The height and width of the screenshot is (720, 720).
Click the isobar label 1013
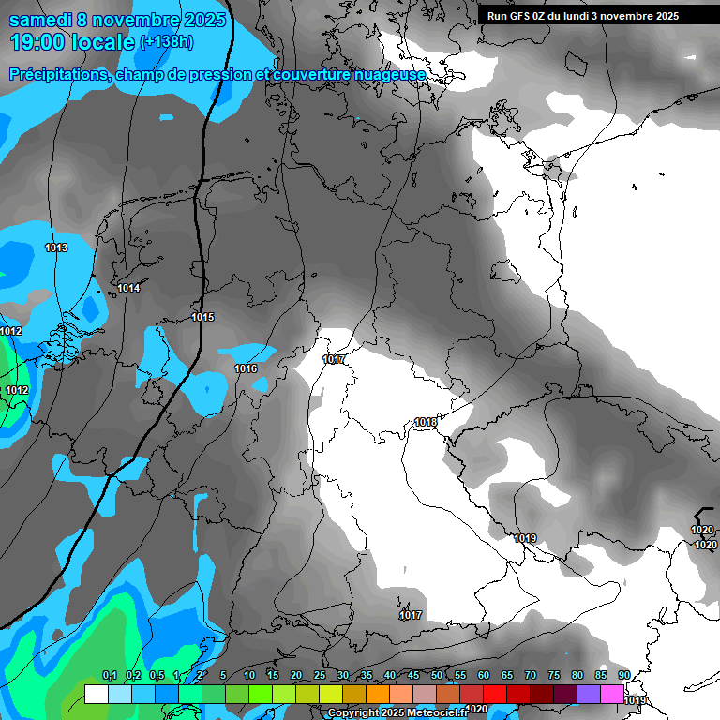pos(56,247)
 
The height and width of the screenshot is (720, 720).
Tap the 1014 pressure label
pos(128,288)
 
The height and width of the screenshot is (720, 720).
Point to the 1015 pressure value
pos(202,317)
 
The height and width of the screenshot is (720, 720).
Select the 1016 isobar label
pos(246,368)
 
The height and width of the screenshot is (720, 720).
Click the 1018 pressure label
pos(425,423)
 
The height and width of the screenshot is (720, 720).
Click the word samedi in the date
pos(40,20)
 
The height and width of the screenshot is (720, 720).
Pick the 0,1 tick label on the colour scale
pos(109,675)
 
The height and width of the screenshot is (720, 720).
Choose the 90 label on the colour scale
pos(624,675)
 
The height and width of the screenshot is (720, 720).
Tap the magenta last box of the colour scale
pos(612,694)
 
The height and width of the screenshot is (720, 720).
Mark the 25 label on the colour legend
pos(320,675)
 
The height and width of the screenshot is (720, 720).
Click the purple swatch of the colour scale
pos(589,694)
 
